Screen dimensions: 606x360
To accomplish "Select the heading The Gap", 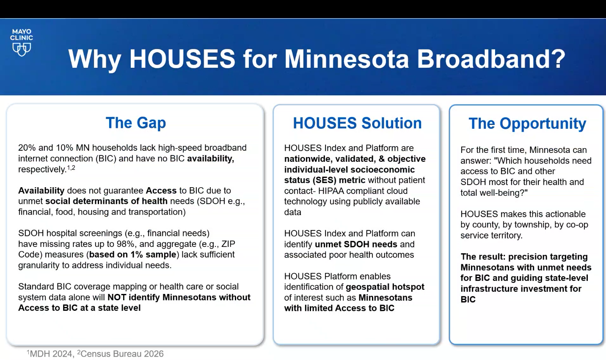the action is pyautogui.click(x=136, y=123).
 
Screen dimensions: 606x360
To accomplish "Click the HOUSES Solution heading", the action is pyautogui.click(x=357, y=123).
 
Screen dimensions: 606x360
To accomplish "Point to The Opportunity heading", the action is pyautogui.click(x=527, y=124).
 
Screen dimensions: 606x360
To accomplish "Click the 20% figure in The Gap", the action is pyautogui.click(x=27, y=148).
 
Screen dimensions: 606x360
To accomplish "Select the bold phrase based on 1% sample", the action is pyautogui.click(x=132, y=255).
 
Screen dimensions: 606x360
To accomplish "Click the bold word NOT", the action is pyautogui.click(x=117, y=297).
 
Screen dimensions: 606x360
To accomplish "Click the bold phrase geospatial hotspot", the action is pyautogui.click(x=385, y=287).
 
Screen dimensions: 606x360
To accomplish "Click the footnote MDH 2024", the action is pyautogui.click(x=50, y=354).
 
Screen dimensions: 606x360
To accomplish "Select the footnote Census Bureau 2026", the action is pyautogui.click(x=120, y=354).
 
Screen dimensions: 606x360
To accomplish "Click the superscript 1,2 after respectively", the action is pyautogui.click(x=71, y=168).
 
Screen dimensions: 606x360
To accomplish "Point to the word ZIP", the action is pyautogui.click(x=228, y=244).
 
